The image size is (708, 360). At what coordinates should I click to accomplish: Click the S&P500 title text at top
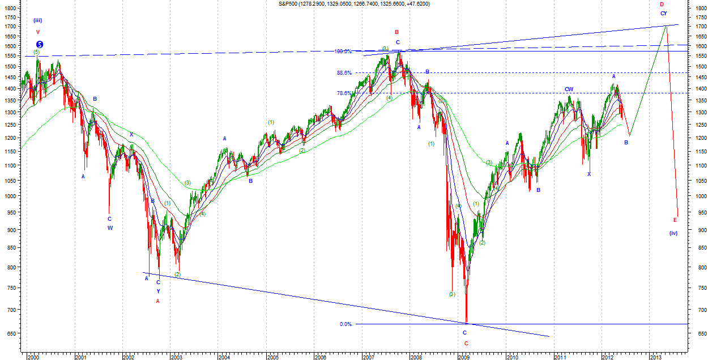[354, 3]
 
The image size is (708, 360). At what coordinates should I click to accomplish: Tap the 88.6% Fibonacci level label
[344, 73]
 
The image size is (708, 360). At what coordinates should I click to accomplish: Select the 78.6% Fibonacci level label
[344, 93]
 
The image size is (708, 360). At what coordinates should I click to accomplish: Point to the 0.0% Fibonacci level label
[346, 324]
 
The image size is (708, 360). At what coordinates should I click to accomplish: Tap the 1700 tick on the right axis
[700, 27]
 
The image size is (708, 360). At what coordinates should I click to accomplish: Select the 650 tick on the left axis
[10, 334]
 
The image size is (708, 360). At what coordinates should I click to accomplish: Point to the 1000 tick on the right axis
[700, 196]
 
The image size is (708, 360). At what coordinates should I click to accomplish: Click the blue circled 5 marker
[40, 44]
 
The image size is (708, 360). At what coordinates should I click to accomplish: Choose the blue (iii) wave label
[37, 20]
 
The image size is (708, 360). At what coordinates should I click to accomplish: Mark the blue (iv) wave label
[673, 233]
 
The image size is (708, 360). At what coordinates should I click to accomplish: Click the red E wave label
[675, 220]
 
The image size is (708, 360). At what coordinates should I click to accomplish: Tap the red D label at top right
[662, 4]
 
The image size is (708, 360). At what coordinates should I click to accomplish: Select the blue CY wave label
[663, 13]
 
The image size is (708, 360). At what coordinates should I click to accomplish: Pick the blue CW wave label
[569, 89]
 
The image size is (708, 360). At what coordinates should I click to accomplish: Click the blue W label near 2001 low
[110, 228]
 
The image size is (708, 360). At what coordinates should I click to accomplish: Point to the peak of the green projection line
[665, 26]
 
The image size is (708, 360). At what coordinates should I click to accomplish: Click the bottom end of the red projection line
[677, 216]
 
